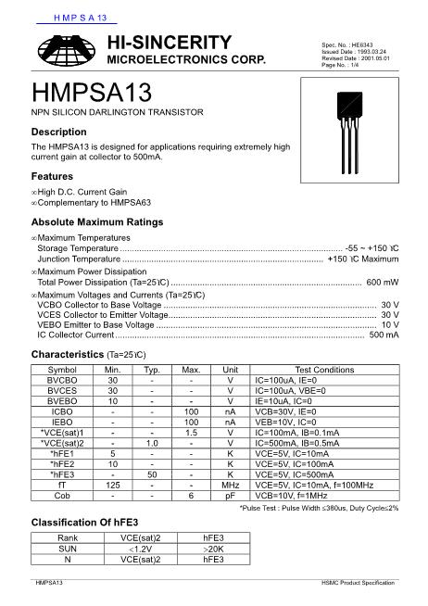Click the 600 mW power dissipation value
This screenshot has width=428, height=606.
click(x=383, y=282)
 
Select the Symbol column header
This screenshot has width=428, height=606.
click(x=62, y=370)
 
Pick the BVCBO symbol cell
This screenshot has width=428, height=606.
click(x=62, y=381)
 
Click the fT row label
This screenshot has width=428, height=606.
click(x=62, y=484)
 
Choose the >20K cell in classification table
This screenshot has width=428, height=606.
click(x=213, y=549)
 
